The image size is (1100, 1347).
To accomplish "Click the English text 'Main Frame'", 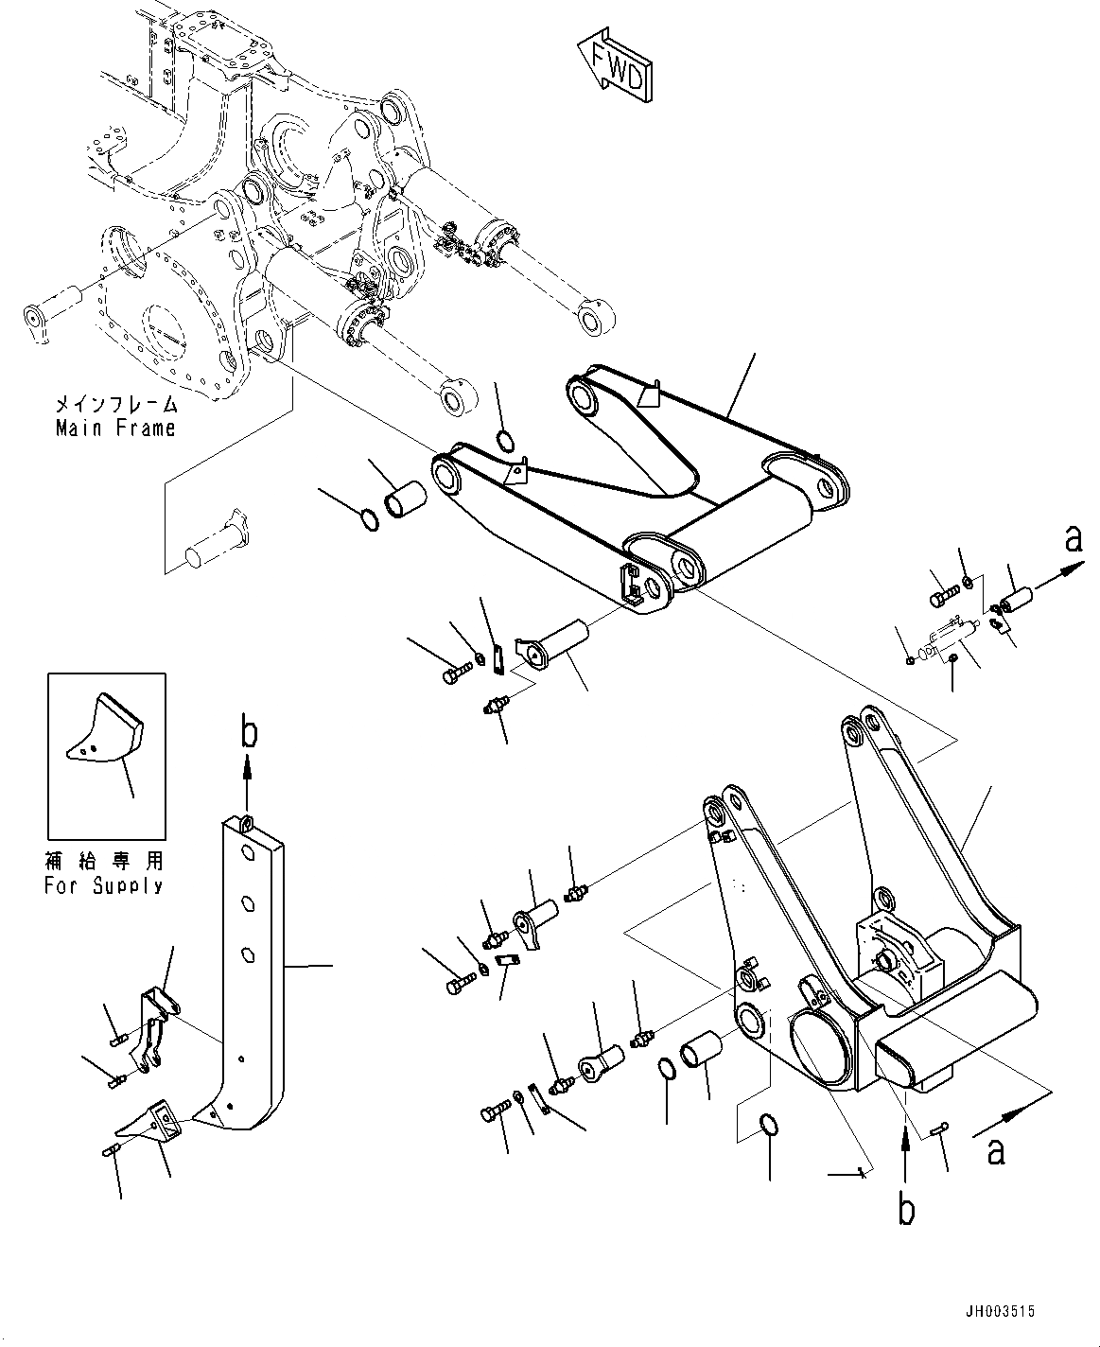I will point(114,428).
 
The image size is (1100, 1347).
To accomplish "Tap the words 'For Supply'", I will point(103,885).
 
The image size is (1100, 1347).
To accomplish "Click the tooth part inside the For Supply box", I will point(104,727).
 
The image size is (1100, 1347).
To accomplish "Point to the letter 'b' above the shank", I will point(247,733).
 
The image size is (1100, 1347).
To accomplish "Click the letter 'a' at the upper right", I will point(1072,538).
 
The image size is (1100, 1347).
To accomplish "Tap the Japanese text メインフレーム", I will point(114,405).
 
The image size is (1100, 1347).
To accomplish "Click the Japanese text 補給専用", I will point(103,862).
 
